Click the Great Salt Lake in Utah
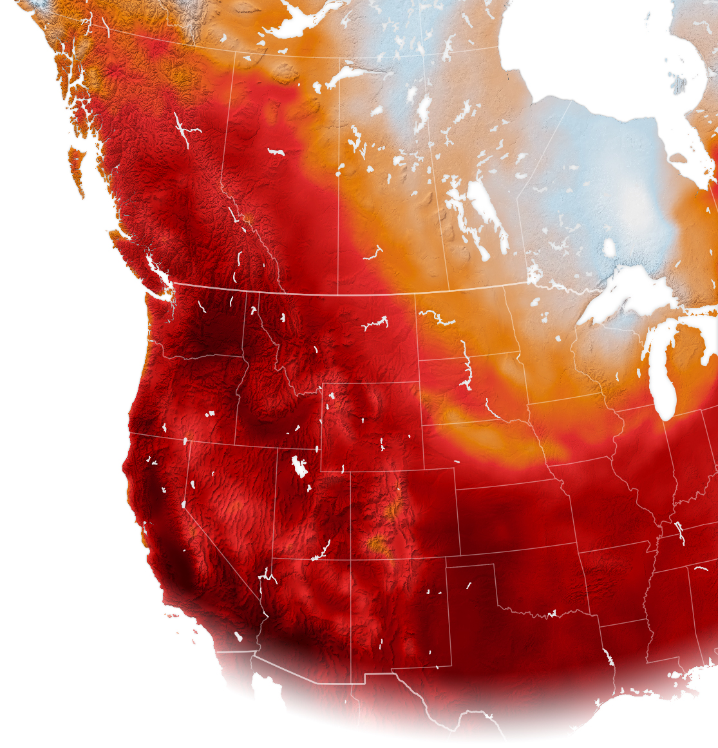click(x=299, y=466)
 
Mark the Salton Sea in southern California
click(x=238, y=637)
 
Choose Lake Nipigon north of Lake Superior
click(x=609, y=247)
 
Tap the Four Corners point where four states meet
click(x=350, y=559)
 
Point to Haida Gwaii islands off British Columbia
click(x=76, y=168)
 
